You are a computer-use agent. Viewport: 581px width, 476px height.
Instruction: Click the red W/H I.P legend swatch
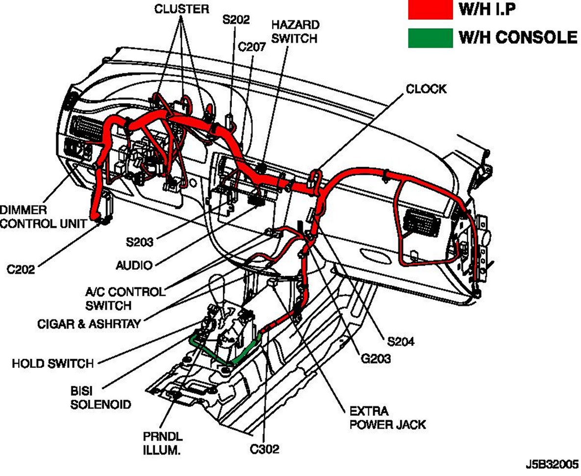click(430, 10)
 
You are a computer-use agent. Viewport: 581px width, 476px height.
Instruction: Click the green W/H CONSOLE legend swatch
click(430, 38)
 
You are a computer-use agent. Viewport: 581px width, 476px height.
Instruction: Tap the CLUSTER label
click(181, 9)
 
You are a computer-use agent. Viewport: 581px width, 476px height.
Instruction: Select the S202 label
click(236, 20)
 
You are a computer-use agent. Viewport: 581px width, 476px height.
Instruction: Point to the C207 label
click(252, 47)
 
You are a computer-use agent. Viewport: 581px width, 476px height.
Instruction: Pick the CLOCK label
click(426, 89)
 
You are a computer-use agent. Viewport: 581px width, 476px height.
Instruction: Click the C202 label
click(21, 269)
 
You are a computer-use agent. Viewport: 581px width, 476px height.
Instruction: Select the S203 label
click(139, 242)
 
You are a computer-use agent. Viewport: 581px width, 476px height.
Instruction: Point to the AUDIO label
click(134, 265)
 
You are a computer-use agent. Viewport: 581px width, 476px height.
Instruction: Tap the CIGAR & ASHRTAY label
click(90, 324)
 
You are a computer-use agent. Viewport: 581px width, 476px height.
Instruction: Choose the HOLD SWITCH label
click(52, 363)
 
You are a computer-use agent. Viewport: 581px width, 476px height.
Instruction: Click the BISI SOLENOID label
click(101, 397)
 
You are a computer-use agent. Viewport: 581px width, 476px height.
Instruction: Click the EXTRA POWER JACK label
click(387, 417)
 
